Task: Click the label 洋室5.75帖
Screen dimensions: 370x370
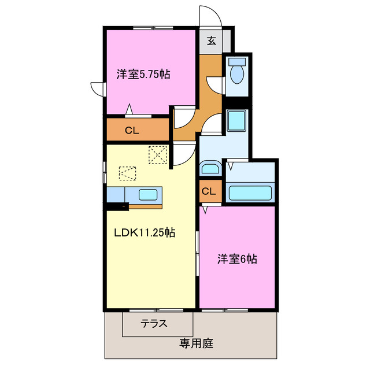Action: point(143,74)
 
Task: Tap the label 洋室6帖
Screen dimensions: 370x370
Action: point(237,259)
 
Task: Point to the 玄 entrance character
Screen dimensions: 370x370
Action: point(212,40)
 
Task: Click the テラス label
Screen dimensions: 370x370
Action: point(154,324)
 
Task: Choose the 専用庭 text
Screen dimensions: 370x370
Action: point(196,343)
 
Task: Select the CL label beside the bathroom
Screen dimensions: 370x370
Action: point(209,191)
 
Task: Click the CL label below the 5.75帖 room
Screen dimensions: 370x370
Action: point(132,131)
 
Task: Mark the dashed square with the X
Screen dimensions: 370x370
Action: point(157,154)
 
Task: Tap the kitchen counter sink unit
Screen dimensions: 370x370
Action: point(144,195)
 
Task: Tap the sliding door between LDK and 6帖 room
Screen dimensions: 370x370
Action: point(198,254)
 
